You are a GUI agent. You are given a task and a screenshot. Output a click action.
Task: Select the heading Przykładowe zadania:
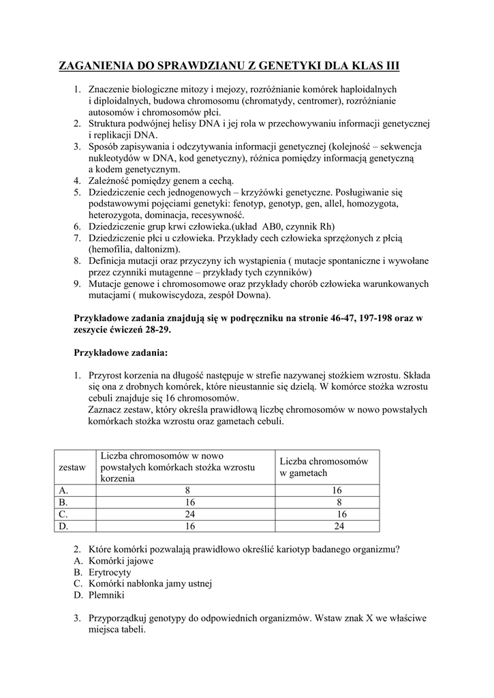point(120,353)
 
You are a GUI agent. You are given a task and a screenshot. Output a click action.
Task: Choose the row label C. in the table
point(64,514)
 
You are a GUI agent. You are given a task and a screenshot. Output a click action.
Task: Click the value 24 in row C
point(186,514)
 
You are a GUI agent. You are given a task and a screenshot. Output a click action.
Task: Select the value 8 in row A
point(186,491)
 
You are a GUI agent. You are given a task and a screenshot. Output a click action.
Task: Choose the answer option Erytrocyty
point(110,573)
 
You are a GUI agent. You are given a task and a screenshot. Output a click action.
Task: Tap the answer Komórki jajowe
point(121,561)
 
